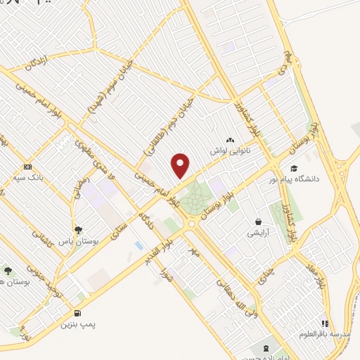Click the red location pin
click(x=181, y=166)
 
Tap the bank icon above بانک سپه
click(x=27, y=167)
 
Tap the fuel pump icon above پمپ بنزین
click(x=76, y=314)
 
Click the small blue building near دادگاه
click(x=139, y=246)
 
